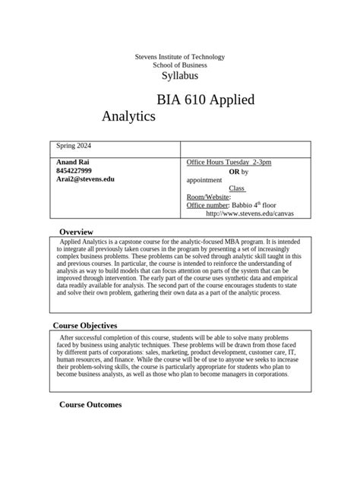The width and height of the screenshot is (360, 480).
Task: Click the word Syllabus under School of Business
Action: (179, 77)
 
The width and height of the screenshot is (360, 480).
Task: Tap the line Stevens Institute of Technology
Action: (179, 58)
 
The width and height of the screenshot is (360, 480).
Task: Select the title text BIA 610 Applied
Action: (205, 100)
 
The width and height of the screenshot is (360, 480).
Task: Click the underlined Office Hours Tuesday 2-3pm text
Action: (229, 163)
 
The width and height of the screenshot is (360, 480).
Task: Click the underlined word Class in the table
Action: (237, 188)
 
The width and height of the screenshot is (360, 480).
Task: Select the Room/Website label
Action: (208, 197)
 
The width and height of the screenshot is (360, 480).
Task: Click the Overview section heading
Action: (76, 232)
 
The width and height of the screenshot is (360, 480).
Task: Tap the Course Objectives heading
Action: (85, 326)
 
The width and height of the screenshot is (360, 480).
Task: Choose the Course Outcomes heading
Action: (90, 405)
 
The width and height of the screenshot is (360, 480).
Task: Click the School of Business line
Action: (179, 66)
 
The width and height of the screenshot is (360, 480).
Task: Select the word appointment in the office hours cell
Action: (204, 180)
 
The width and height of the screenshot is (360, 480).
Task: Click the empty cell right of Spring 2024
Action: (245, 148)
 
